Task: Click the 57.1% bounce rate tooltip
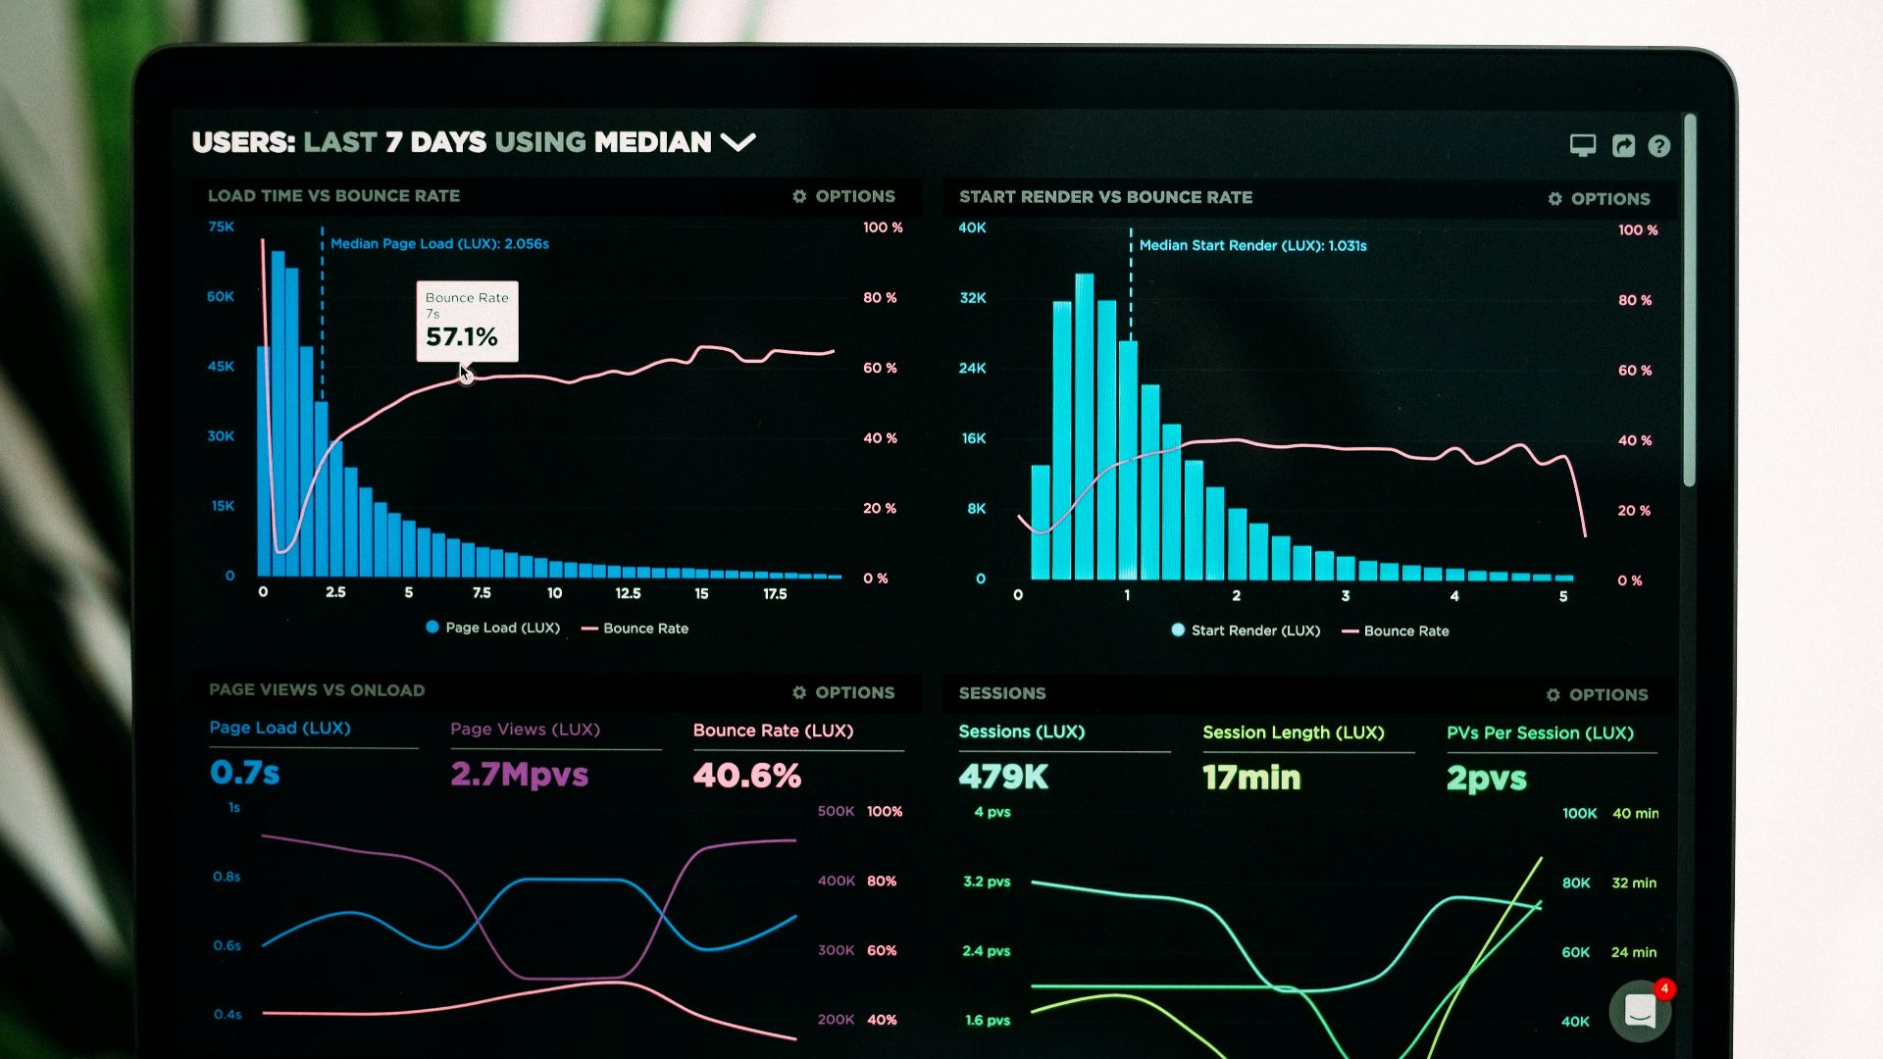click(x=467, y=322)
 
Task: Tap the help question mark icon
click(x=1658, y=146)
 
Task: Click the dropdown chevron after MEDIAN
click(x=738, y=142)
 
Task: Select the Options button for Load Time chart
click(x=843, y=196)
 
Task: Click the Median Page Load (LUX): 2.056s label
click(x=438, y=243)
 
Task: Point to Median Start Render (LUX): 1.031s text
click(x=1251, y=245)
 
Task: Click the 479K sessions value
click(x=1003, y=777)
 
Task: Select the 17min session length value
click(x=1251, y=778)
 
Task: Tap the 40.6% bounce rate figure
click(x=746, y=776)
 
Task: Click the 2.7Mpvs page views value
click(x=519, y=775)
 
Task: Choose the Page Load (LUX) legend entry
click(x=492, y=628)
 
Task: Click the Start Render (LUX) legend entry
click(x=1246, y=630)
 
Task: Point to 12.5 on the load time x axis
click(x=628, y=593)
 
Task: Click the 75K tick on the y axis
click(x=221, y=227)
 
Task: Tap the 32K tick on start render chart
click(x=972, y=297)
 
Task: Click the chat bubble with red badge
click(x=1640, y=1010)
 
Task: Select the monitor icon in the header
click(x=1582, y=145)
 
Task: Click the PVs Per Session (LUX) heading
click(x=1539, y=732)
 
